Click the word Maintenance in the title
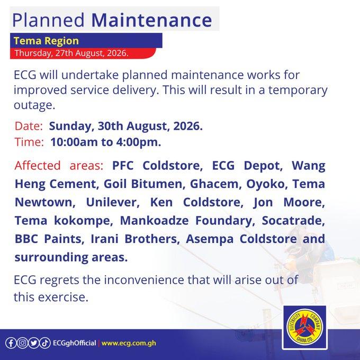pos(151,20)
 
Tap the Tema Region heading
pos(46,41)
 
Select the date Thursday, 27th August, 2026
pos(71,53)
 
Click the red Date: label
pos(29,126)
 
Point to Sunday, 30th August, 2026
pos(126,127)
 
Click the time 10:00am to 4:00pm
pos(105,142)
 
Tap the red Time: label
pos(29,142)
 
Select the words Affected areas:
pos(59,165)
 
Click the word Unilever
pos(113,202)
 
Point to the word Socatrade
pos(293,220)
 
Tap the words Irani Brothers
pos(135,239)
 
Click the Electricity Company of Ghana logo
pos(304,327)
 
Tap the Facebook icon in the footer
pos(11,343)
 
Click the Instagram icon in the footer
pos(22,343)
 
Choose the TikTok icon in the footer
pos(45,343)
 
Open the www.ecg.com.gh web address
pos(129,343)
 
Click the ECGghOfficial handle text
pos(75,343)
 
